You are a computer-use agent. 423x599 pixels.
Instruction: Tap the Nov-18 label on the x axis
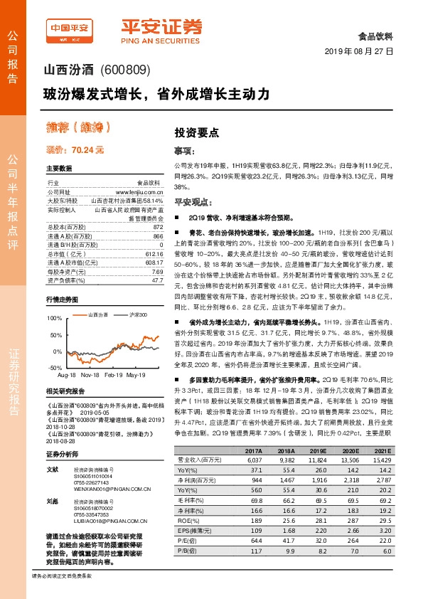90,373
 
